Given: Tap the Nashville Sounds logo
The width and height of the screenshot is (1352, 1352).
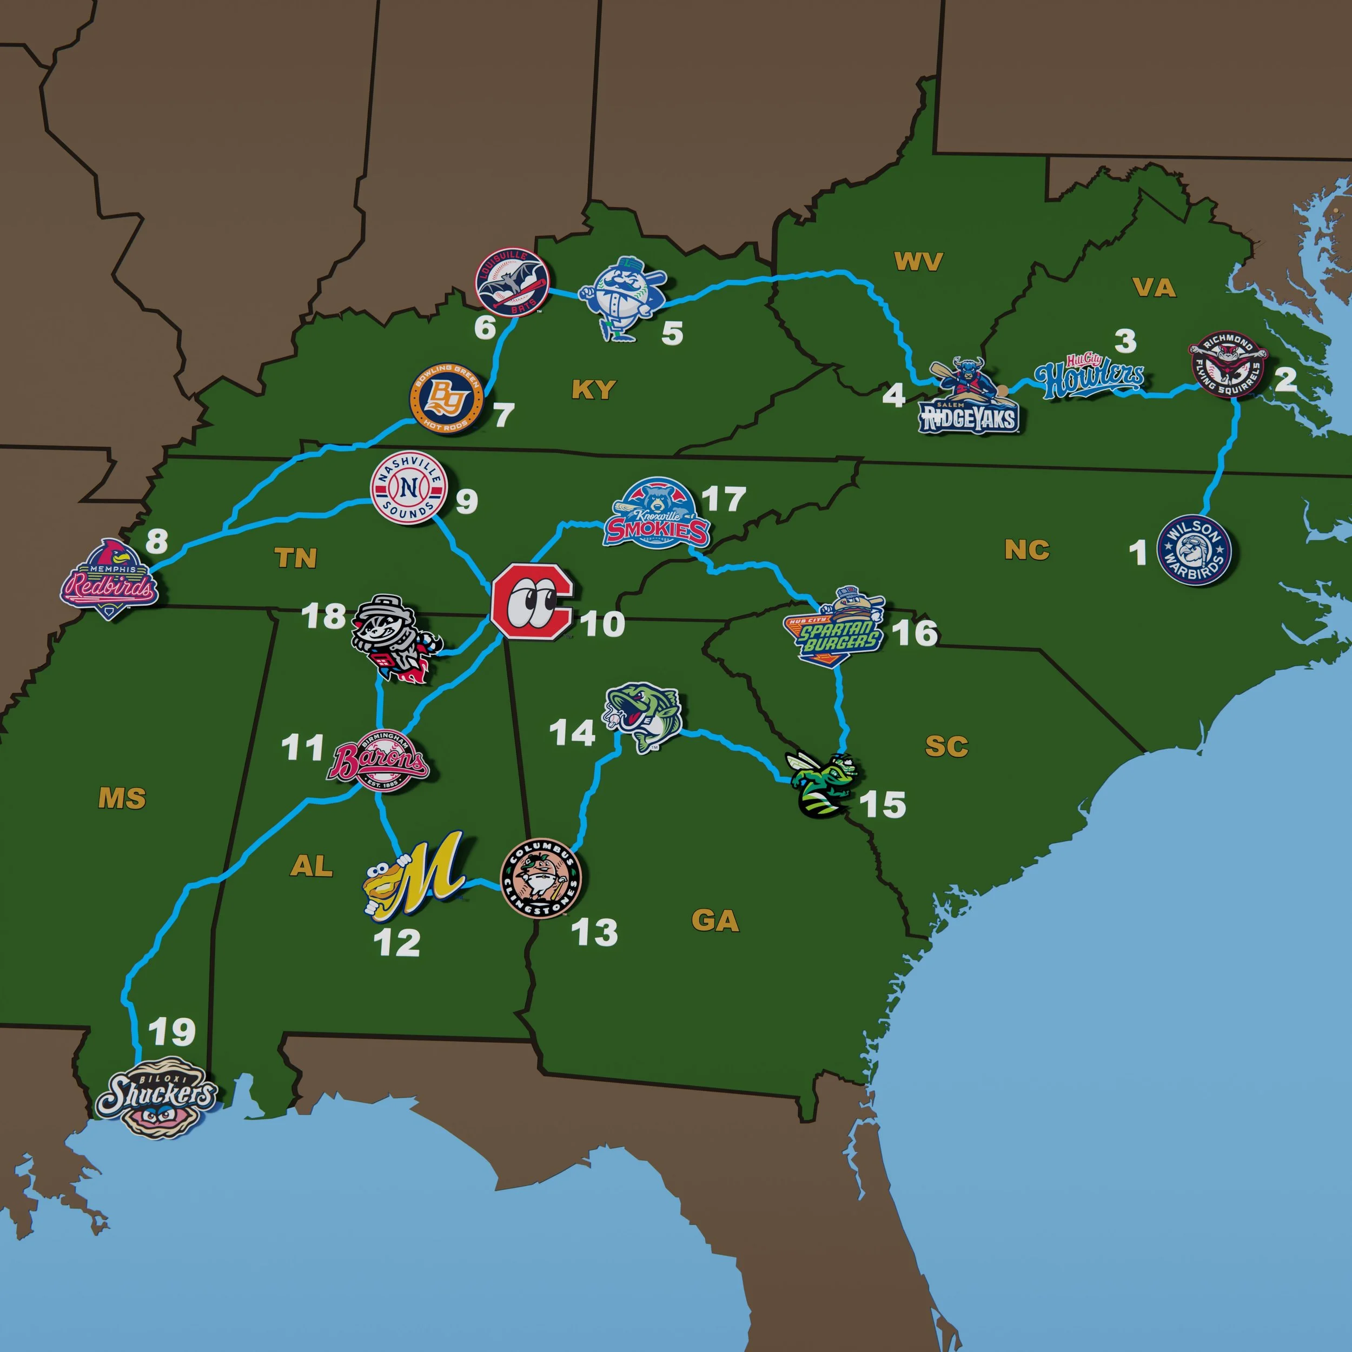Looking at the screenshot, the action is click(409, 487).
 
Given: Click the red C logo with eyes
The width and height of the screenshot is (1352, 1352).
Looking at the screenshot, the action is click(531, 600).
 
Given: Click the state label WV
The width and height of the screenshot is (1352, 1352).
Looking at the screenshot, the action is click(918, 262).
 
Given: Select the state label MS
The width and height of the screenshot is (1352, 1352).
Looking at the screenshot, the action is click(122, 798).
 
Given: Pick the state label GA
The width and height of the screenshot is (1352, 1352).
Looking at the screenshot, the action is click(714, 920).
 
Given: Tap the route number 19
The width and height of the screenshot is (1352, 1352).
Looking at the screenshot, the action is click(172, 1031).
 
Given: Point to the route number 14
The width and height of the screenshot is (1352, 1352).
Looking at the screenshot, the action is click(572, 733).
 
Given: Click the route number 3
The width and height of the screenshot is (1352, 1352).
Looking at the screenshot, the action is click(1124, 341).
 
